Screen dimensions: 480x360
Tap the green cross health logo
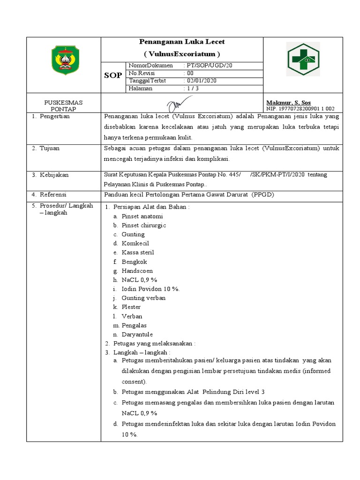[x=303, y=59]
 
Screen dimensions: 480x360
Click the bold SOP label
[x=113, y=75]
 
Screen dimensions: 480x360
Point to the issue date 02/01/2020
[x=202, y=81]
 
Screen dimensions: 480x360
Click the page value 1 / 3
[x=193, y=88]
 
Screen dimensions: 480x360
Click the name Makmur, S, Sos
[x=288, y=103]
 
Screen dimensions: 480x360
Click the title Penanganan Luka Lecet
[x=182, y=42]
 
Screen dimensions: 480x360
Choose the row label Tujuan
[x=49, y=149]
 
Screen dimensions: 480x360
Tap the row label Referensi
[x=53, y=194]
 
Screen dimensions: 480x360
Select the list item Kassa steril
[x=138, y=253]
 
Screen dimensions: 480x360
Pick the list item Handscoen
[x=137, y=271]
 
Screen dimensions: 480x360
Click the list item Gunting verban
[x=143, y=298]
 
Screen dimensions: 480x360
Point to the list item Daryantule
[x=137, y=335]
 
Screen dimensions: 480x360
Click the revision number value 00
[x=190, y=73]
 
